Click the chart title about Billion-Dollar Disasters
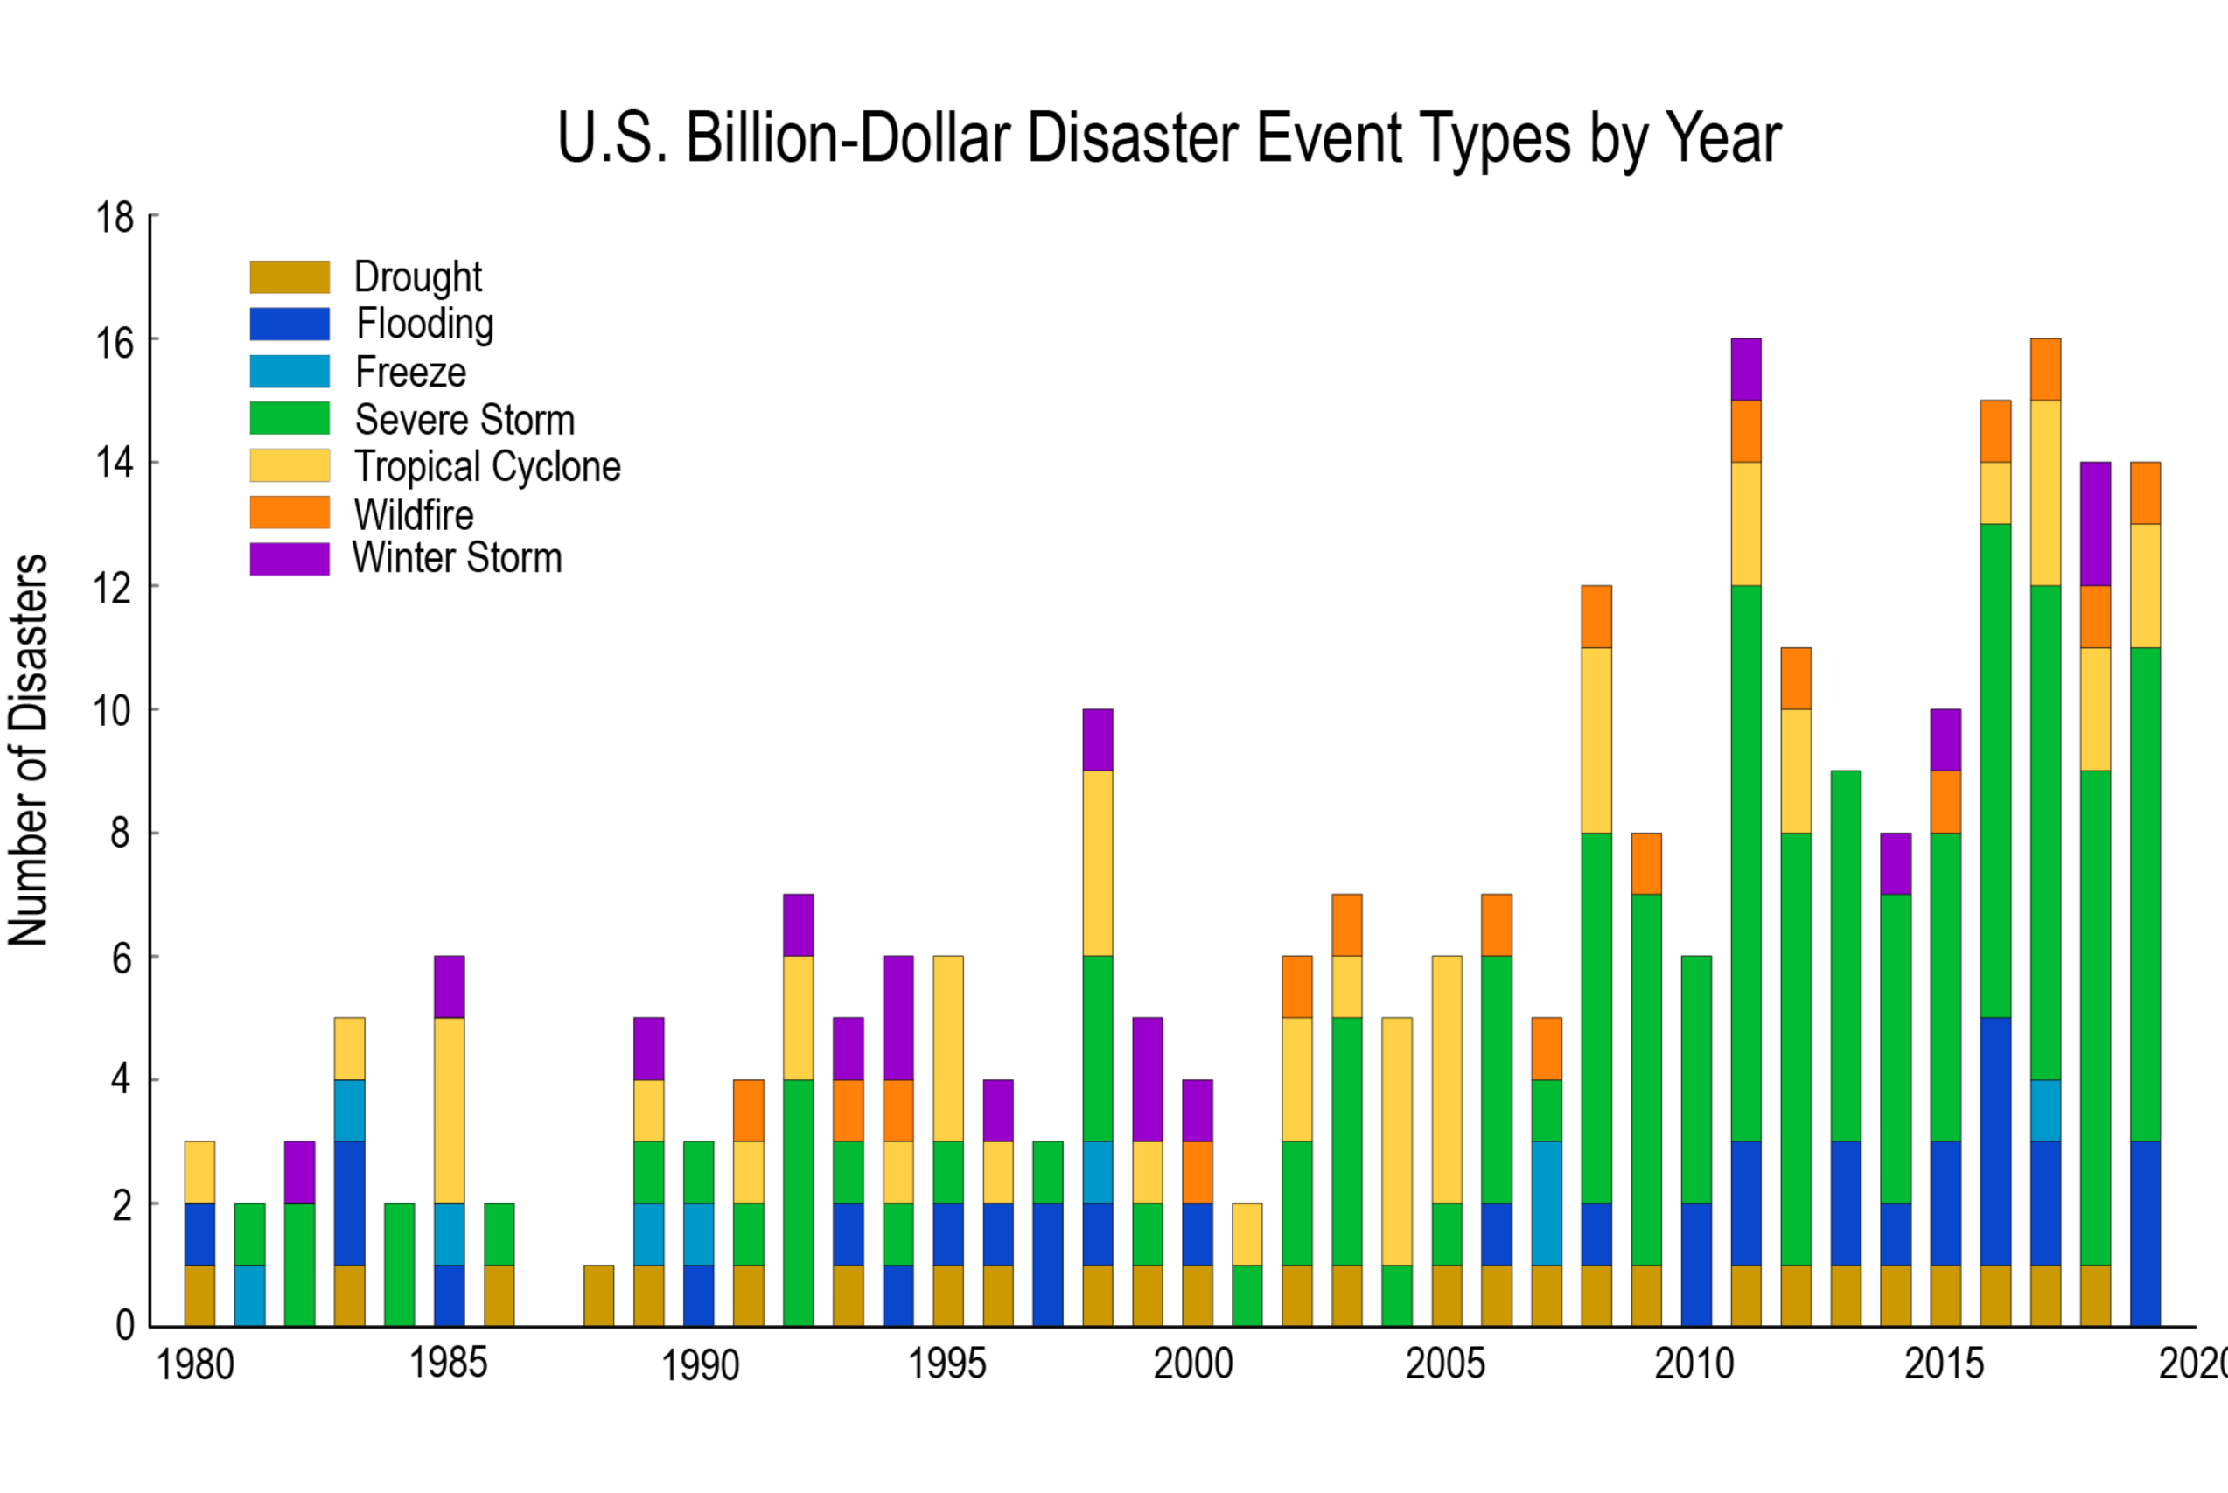click(x=1169, y=139)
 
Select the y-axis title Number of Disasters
click(x=29, y=750)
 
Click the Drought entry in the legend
click(x=418, y=277)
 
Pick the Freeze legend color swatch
click(x=290, y=372)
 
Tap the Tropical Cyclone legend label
click(x=487, y=466)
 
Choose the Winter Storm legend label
click(x=457, y=558)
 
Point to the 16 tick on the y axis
click(x=115, y=342)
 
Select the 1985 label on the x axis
click(x=449, y=1364)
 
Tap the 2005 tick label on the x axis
click(x=1444, y=1364)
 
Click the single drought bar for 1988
click(x=599, y=1295)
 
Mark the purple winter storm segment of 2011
click(x=1745, y=369)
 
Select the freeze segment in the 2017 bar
click(x=2045, y=1110)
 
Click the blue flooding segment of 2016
click(x=1995, y=1141)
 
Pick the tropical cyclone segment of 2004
click(x=1397, y=1141)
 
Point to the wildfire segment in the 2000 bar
click(x=1197, y=1172)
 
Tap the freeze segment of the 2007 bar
click(x=1547, y=1203)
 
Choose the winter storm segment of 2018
click(x=2095, y=524)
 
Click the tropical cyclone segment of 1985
click(x=450, y=1110)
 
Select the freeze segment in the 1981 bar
click(x=249, y=1295)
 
